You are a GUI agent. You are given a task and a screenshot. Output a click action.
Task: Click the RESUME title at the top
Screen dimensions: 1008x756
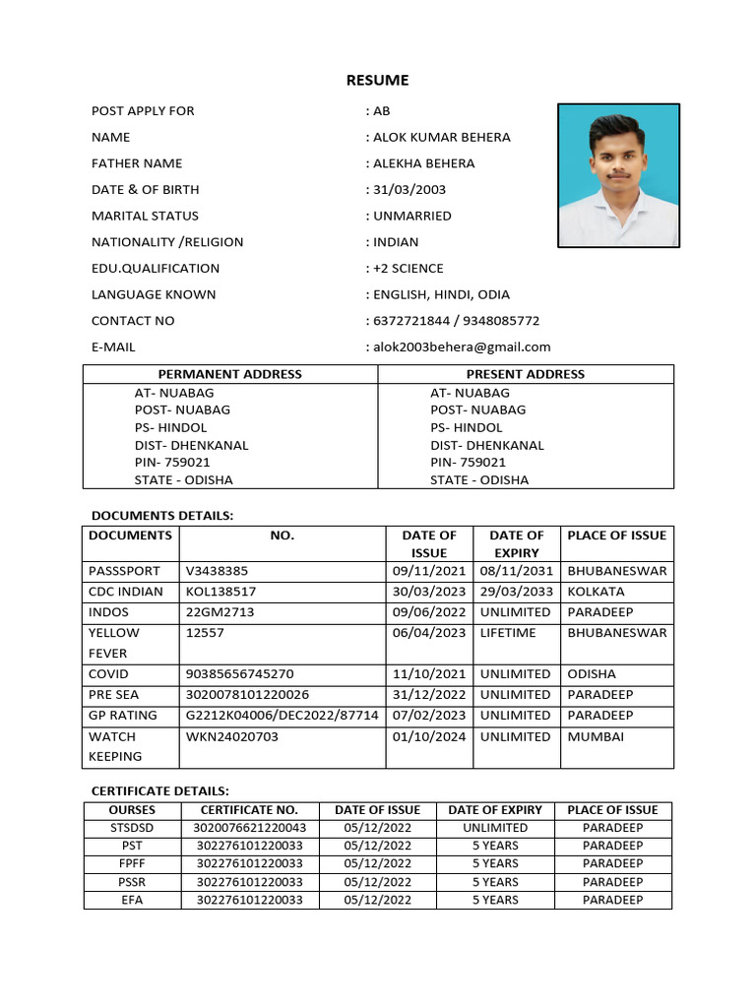pyautogui.click(x=377, y=80)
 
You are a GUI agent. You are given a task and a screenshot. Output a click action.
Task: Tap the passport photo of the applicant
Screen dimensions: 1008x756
pyautogui.click(x=618, y=174)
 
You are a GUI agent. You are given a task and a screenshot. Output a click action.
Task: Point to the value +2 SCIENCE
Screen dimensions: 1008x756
pyautogui.click(x=408, y=268)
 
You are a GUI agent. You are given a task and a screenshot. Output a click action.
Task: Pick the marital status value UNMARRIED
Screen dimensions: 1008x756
pyautogui.click(x=411, y=216)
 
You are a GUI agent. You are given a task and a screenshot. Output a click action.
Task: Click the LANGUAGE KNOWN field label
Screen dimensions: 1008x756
pyautogui.click(x=154, y=294)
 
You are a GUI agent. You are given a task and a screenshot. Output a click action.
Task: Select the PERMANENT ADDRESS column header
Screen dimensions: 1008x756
pyautogui.click(x=230, y=374)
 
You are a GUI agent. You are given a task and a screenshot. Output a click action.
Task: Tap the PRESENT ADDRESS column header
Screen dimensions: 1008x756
pyautogui.click(x=526, y=374)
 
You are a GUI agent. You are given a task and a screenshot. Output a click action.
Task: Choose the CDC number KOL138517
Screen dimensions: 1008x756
pyautogui.click(x=220, y=592)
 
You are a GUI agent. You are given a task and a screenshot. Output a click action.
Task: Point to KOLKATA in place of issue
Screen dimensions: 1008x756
pyautogui.click(x=596, y=592)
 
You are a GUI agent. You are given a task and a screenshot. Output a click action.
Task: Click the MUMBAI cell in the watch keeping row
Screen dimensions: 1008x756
pyautogui.click(x=596, y=736)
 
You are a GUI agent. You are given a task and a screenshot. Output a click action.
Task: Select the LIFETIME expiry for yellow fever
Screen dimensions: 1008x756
pyautogui.click(x=508, y=633)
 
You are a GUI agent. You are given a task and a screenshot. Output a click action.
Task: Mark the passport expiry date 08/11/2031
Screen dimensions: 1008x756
pyautogui.click(x=517, y=571)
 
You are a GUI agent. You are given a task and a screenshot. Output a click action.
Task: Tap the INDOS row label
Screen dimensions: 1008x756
pyautogui.click(x=108, y=612)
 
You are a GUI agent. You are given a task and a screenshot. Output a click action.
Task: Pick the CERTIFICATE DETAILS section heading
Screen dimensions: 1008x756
pyautogui.click(x=159, y=790)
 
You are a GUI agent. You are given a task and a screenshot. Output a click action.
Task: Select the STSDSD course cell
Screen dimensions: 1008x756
pyautogui.click(x=132, y=828)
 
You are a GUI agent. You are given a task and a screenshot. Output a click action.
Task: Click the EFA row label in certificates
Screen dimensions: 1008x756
pyautogui.click(x=132, y=900)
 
